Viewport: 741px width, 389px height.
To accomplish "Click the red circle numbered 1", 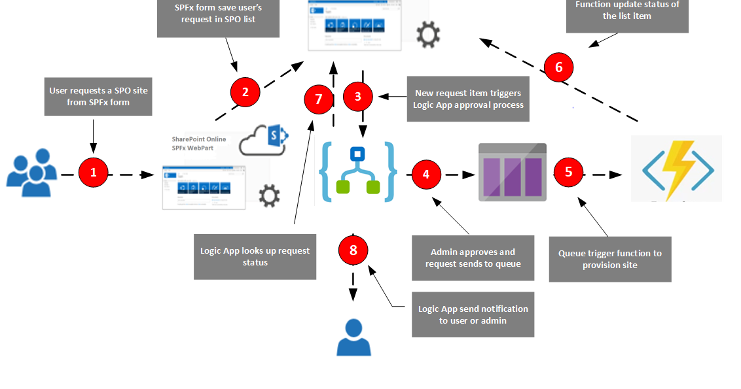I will coord(93,173).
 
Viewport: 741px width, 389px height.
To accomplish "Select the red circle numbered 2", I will coord(245,92).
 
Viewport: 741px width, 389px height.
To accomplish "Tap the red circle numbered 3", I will coord(357,97).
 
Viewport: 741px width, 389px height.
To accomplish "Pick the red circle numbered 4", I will coord(426,175).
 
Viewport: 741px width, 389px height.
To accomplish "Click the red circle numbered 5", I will coord(568,172).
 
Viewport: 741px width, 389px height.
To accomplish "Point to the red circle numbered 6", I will coord(558,67).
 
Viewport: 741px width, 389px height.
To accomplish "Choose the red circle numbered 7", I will coord(319,99).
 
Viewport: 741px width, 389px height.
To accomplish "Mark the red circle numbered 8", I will coord(353,250).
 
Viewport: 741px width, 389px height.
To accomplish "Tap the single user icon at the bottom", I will coord(353,337).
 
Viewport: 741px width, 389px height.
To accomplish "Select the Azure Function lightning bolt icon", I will coord(676,169).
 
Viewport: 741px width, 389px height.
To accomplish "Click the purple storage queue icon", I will coord(512,172).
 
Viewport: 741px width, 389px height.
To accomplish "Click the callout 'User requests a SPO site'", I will coord(98,97).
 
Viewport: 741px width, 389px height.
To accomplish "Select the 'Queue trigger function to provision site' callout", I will coord(609,259).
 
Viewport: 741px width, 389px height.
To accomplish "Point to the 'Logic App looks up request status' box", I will coord(255,256).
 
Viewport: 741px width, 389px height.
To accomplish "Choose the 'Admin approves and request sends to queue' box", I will coord(473,258).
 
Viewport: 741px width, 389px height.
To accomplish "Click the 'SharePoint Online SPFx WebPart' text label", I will coord(199,144).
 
